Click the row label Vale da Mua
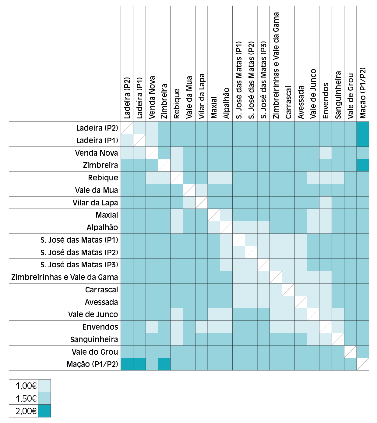coord(96,190)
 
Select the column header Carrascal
coord(288,102)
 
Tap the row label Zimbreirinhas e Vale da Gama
coord(65,277)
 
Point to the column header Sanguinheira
coord(338,95)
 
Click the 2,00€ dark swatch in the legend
coord(44,411)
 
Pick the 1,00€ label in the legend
coord(26,386)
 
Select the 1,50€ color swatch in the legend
coord(44,398)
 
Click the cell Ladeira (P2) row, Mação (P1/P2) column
coord(363,128)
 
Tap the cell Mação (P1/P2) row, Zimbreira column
coord(164,364)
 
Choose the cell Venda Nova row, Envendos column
coord(326,153)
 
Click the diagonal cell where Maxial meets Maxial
coord(214,215)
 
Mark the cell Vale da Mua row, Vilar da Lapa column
coord(202,190)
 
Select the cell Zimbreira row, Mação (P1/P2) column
coord(363,165)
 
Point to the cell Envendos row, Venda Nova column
coord(152,327)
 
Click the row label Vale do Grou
coord(95,352)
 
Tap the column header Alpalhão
coord(226,103)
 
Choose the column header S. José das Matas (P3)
coord(263,80)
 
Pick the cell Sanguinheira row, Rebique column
coord(177,339)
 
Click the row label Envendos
coord(100,327)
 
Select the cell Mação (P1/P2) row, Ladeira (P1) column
coord(139,364)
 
